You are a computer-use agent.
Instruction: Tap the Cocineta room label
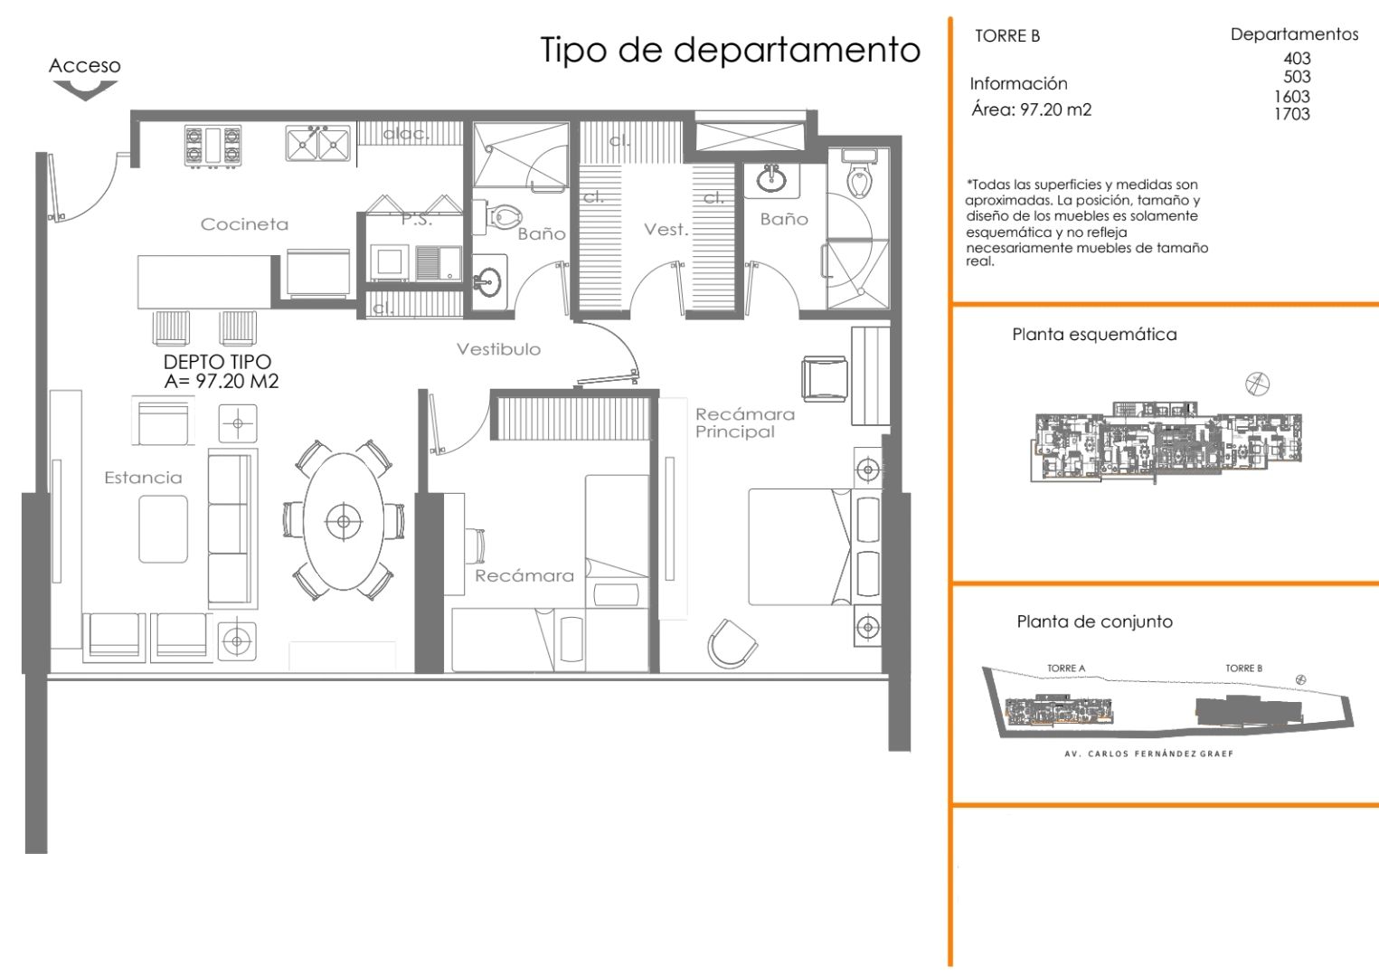(244, 224)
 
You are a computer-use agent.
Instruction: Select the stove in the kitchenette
(213, 146)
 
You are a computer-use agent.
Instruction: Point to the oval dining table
(344, 521)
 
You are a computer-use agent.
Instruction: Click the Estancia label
(143, 478)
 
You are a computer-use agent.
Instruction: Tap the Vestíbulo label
(498, 349)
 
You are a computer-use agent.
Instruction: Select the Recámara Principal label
(744, 422)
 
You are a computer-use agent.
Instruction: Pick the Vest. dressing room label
(666, 230)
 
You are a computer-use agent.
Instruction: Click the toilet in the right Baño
(860, 179)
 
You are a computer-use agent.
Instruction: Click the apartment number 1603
(1292, 96)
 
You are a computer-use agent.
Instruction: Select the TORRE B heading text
(1007, 36)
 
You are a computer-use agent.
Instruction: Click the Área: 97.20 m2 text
(1031, 109)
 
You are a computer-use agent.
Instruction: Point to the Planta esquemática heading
(1094, 335)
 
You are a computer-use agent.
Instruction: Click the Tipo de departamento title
(730, 50)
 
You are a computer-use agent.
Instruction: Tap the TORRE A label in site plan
(1066, 669)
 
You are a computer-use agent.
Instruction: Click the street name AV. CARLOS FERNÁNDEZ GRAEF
(1148, 754)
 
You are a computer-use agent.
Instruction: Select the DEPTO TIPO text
(217, 362)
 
